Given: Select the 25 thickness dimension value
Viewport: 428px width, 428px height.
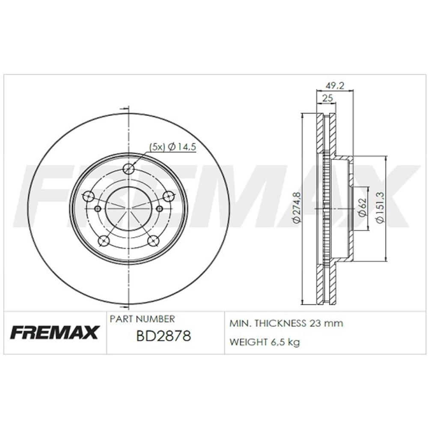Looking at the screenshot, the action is coord(327,98).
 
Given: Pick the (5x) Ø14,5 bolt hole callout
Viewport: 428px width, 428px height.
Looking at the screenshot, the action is coord(173,147).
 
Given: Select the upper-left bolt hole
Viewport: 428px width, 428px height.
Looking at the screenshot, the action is coord(88,196).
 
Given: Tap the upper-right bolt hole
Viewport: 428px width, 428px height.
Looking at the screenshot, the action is coord(168,196).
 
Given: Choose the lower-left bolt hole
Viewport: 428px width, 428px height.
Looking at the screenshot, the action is coord(104,241).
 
